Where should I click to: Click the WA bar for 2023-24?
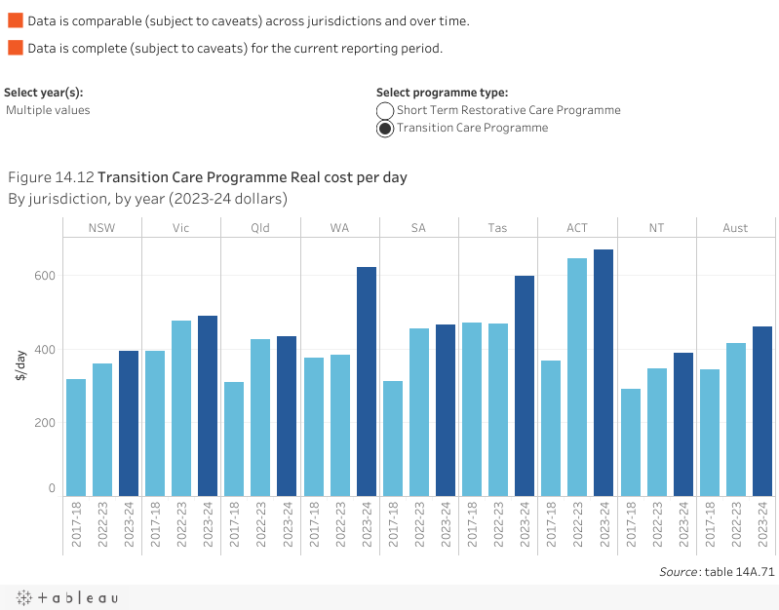[x=367, y=381]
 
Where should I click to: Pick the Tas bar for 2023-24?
[x=525, y=386]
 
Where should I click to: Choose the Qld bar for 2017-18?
[x=234, y=438]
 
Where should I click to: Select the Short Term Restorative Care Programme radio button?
[x=385, y=111]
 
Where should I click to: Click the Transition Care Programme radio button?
[x=385, y=129]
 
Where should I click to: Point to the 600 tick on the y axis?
[x=47, y=276]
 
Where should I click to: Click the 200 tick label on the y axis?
[x=47, y=423]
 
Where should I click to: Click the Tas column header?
[x=497, y=228]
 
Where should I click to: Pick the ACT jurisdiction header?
[x=577, y=228]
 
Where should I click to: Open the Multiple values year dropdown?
[x=48, y=110]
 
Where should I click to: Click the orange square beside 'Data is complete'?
[x=15, y=48]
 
